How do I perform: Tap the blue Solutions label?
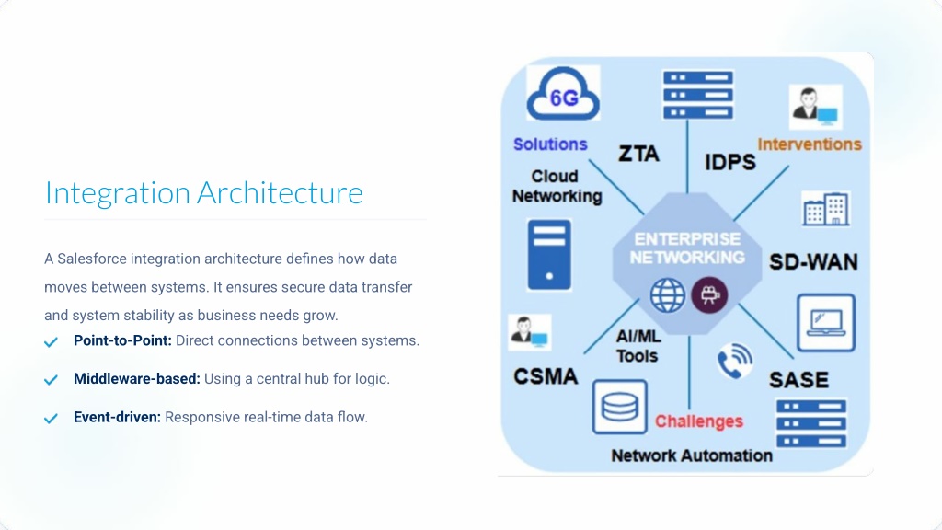click(x=550, y=144)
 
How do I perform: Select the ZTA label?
click(x=638, y=154)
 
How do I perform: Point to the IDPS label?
click(x=730, y=162)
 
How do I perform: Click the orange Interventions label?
click(x=810, y=144)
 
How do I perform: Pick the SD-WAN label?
click(x=813, y=262)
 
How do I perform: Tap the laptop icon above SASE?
click(x=825, y=323)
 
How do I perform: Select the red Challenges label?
click(x=699, y=421)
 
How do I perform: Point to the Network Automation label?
click(x=692, y=455)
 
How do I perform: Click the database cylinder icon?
click(x=619, y=406)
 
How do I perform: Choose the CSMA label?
click(x=546, y=376)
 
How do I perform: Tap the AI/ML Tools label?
click(x=638, y=346)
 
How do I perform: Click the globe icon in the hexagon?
click(x=668, y=295)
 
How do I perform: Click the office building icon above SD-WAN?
click(x=825, y=210)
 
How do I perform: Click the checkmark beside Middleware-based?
click(x=52, y=380)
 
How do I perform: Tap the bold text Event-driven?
click(x=117, y=417)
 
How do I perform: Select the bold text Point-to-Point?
click(x=122, y=340)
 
